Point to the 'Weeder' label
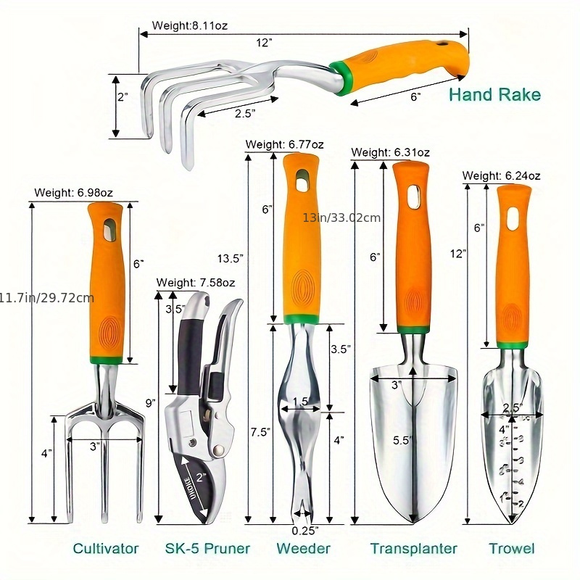point(303,548)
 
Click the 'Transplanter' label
point(413,548)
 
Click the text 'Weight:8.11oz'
point(190,25)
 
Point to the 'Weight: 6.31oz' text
point(391,152)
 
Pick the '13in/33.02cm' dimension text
point(342,217)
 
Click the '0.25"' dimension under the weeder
point(304,530)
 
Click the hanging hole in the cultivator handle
point(108,231)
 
